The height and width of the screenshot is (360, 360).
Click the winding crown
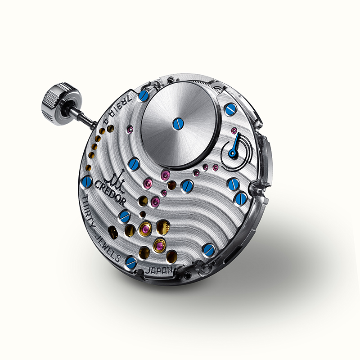point(60,104)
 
